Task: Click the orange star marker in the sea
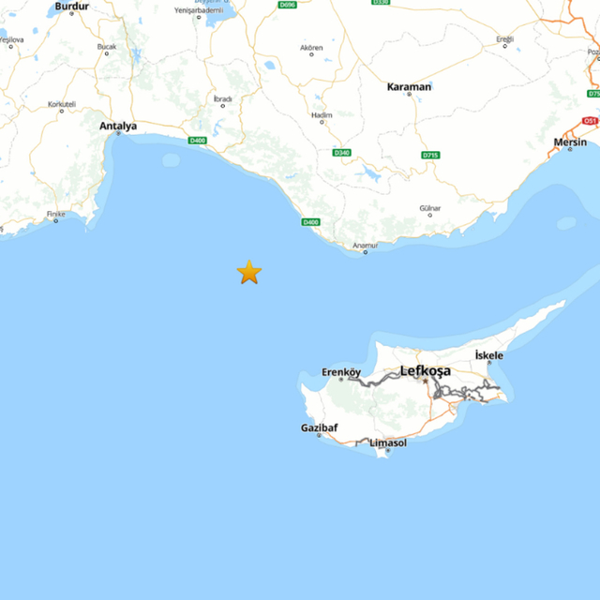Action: click(248, 272)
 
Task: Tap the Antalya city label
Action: click(118, 126)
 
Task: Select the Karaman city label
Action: click(409, 87)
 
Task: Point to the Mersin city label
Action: click(570, 142)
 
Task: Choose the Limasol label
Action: click(388, 442)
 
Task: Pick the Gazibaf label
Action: click(319, 427)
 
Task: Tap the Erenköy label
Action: click(341, 372)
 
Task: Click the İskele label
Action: click(489, 355)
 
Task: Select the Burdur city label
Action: click(71, 7)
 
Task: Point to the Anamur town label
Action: click(365, 245)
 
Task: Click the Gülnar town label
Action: click(429, 207)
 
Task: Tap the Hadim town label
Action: click(321, 115)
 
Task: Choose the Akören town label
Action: click(311, 48)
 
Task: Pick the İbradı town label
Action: click(222, 98)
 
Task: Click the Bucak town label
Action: click(108, 46)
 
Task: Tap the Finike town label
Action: click(57, 215)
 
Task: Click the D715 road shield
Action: click(430, 154)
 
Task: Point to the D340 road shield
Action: click(339, 153)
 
